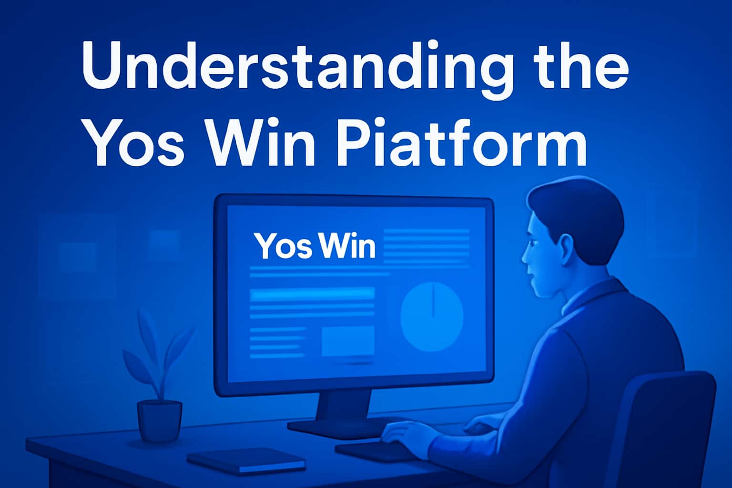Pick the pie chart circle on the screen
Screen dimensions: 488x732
pyautogui.click(x=432, y=317)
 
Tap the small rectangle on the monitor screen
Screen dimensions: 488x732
pyautogui.click(x=348, y=341)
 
